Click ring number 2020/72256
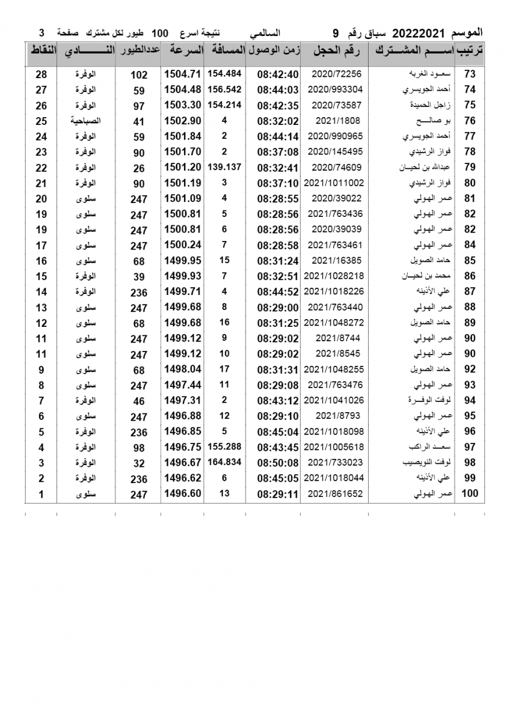[334, 74]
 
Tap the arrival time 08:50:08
[278, 463]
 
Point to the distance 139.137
[224, 167]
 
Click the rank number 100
[469, 494]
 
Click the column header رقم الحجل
[336, 51]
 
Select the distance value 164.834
[224, 463]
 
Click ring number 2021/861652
[334, 494]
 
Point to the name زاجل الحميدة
[428, 105]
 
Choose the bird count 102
[139, 75]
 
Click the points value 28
[41, 74]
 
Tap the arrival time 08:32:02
[278, 121]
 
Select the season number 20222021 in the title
[416, 32]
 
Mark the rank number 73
[470, 74]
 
